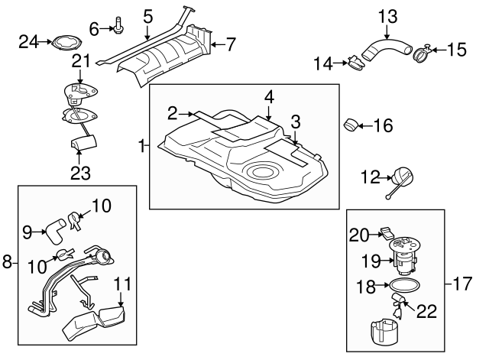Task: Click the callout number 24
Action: (x=28, y=41)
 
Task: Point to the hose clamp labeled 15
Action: (x=423, y=54)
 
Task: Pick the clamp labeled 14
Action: (x=355, y=63)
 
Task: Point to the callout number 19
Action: (x=371, y=261)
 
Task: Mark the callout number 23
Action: (x=79, y=173)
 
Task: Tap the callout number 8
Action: (x=7, y=262)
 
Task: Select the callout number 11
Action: (x=119, y=284)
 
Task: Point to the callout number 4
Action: (x=269, y=97)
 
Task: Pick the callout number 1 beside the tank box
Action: (x=142, y=144)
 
